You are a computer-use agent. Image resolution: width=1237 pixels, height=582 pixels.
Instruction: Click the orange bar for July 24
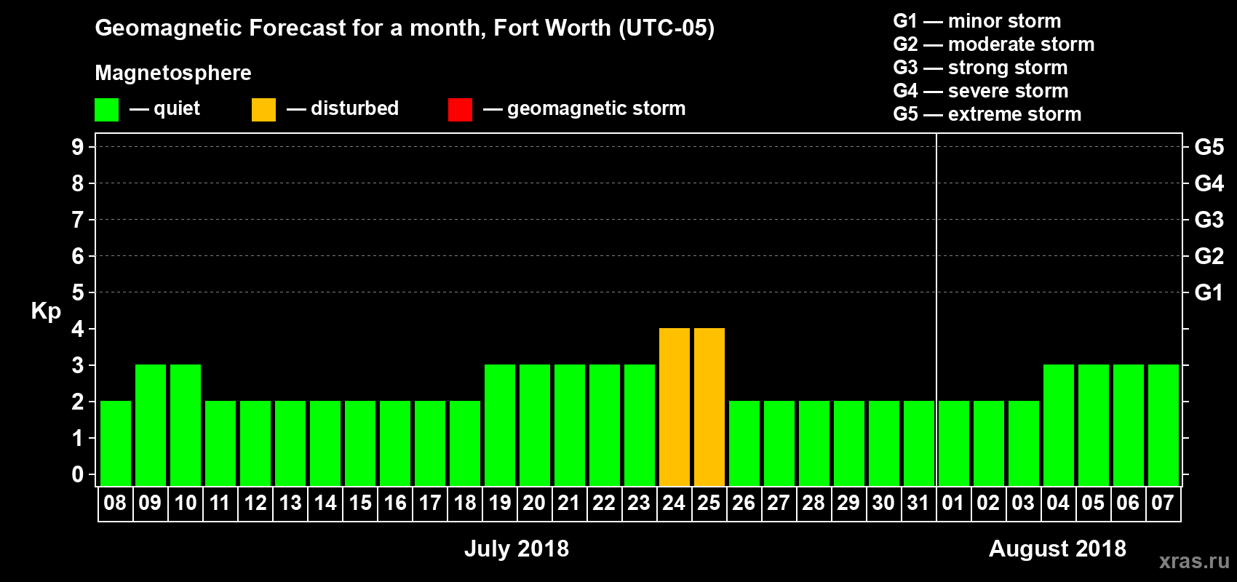pos(675,407)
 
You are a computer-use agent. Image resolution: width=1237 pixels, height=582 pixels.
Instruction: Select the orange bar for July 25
pos(709,407)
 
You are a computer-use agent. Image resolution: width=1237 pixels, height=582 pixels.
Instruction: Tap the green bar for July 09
pos(151,425)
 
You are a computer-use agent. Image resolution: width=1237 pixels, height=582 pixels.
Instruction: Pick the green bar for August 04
pos(1059,425)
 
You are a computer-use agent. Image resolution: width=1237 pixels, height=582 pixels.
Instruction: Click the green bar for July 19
pos(500,425)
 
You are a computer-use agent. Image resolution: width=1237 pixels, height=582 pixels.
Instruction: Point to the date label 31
pos(918,503)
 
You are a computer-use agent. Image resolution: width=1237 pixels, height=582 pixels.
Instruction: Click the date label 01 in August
pos(953,503)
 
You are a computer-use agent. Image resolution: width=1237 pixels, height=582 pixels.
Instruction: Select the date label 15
pos(360,503)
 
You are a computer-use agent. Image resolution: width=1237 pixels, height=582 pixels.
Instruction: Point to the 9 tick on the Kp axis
pos(78,147)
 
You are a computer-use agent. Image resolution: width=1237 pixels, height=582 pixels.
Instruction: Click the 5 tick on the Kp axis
pos(78,292)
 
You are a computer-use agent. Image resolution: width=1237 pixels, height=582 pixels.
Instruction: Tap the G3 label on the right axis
pos(1209,220)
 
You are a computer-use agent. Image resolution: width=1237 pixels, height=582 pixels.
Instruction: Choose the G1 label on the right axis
pos(1209,292)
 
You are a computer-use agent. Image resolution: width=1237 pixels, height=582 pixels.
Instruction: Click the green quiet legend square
pos(107,110)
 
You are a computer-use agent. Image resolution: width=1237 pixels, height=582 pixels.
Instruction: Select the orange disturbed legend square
pos(263,110)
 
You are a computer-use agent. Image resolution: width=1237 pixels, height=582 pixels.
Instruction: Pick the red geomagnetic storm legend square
pos(460,110)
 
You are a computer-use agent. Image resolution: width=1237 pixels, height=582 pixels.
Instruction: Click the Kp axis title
pos(46,311)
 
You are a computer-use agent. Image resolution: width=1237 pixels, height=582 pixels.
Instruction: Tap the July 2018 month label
pos(517,549)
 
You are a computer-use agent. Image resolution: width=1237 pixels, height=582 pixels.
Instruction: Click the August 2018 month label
pos(1057,549)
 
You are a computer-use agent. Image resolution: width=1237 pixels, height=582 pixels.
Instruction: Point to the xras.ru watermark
pos(1194,561)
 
